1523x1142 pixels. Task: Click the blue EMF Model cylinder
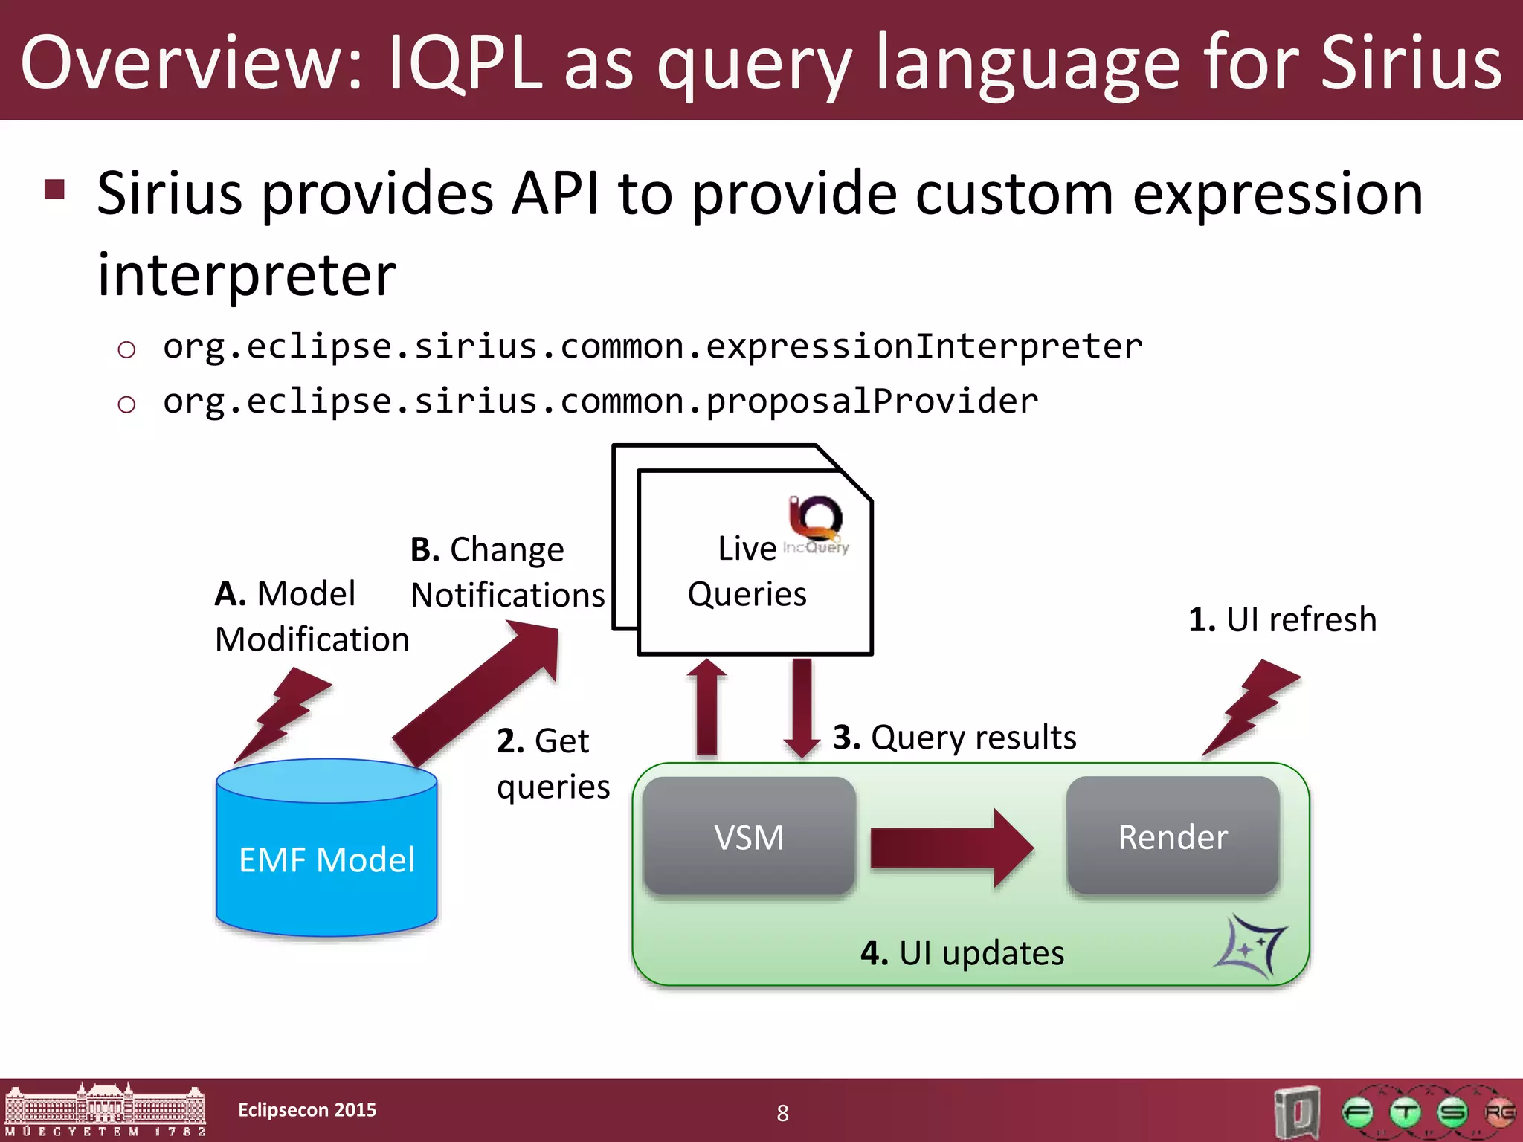coord(326,855)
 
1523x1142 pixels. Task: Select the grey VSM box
coord(749,836)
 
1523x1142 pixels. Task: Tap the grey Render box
coord(1173,836)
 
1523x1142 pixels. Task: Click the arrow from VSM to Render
coord(952,848)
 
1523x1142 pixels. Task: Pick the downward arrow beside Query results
coord(802,706)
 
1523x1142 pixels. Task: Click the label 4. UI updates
coord(962,953)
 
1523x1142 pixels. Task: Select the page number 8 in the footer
coord(782,1113)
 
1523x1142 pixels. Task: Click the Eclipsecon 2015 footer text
coord(307,1110)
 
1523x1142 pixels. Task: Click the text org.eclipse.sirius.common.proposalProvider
coord(600,401)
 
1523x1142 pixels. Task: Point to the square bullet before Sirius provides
coord(55,190)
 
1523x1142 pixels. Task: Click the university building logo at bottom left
coord(105,1109)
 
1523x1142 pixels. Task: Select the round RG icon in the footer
coord(1498,1113)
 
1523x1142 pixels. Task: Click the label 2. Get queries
coord(553,764)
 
